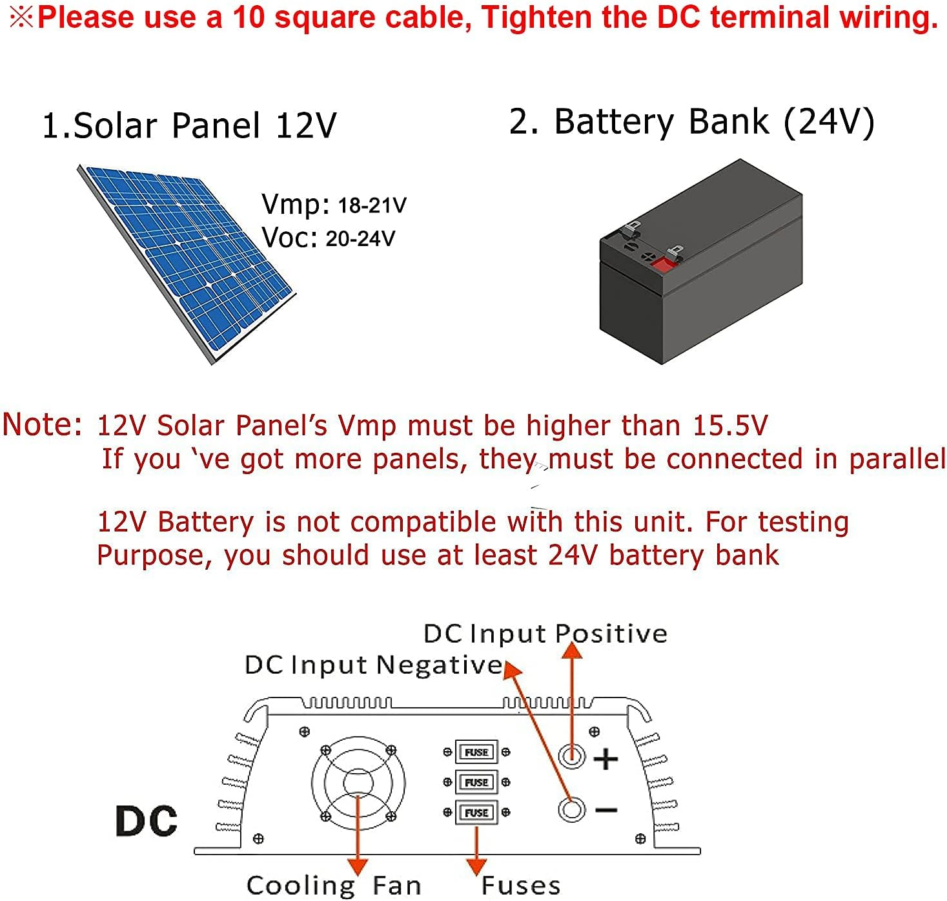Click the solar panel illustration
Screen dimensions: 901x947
point(187,262)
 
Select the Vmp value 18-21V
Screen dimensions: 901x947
point(372,205)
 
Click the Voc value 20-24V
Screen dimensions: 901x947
point(360,239)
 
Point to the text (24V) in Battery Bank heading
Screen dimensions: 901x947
point(830,121)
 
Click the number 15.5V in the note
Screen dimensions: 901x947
point(730,426)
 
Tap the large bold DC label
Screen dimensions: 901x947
point(147,821)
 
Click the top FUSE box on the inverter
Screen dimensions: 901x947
point(476,752)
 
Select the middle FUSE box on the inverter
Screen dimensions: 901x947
point(476,782)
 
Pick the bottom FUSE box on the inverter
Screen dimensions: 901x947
point(476,813)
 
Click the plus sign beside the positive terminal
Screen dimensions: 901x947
point(606,759)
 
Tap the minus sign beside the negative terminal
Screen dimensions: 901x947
point(606,810)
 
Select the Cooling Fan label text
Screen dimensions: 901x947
point(333,885)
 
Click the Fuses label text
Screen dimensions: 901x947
point(521,885)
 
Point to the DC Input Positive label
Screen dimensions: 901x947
point(545,634)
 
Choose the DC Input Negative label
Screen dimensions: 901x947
point(373,665)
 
